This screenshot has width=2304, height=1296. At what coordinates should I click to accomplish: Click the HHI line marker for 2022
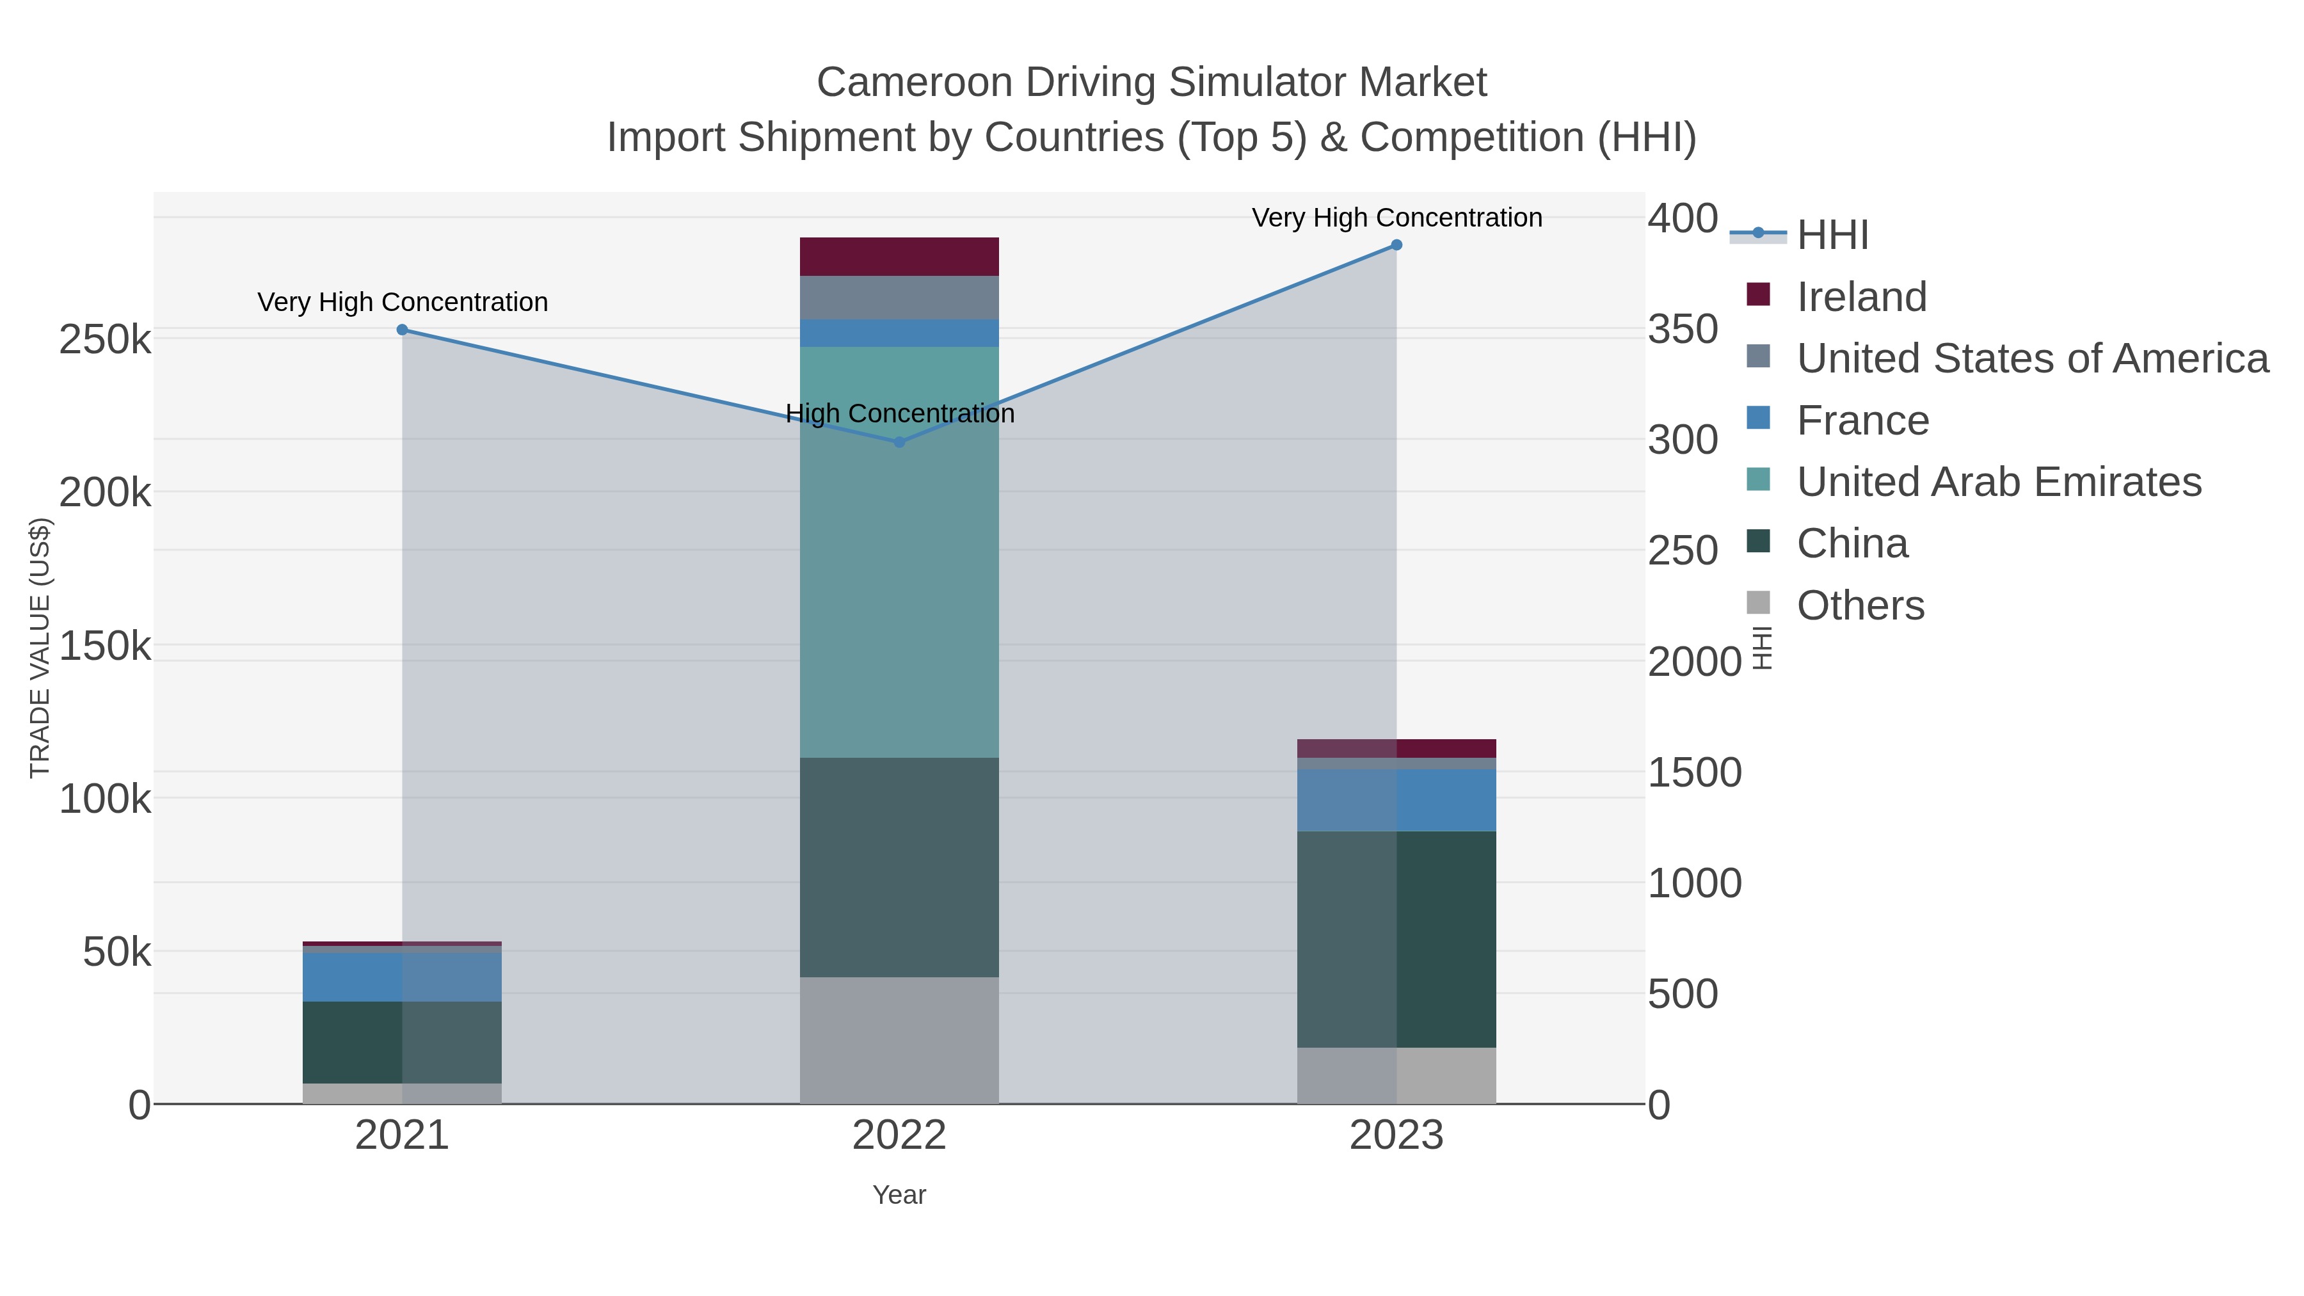900,442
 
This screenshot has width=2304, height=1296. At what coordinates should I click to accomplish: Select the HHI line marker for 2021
403,330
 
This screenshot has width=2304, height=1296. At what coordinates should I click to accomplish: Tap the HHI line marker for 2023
1396,245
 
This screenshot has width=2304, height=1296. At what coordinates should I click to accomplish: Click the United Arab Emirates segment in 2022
899,551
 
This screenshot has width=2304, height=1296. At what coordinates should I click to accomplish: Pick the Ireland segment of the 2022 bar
899,257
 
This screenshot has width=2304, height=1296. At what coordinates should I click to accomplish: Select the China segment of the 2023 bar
1396,939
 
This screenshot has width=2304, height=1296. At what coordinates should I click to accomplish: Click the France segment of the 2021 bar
403,977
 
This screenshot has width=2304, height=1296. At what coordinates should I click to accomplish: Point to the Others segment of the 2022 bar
899,1040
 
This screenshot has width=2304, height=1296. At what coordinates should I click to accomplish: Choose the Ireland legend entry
1860,297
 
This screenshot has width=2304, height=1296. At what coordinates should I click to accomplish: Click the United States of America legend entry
2030,358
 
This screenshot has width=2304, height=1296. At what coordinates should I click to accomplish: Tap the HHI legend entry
1832,236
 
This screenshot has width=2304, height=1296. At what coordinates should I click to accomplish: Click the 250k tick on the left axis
105,340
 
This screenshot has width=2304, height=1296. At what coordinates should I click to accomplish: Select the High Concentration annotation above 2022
900,413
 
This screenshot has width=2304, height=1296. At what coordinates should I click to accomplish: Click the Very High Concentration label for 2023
1396,218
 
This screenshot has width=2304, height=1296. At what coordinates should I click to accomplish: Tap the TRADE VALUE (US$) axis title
40,648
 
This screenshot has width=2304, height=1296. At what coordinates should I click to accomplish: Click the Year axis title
899,1195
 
